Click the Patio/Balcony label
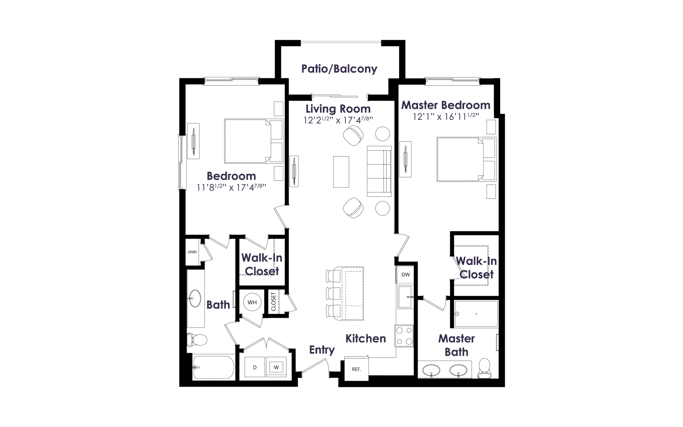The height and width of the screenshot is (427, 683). [339, 69]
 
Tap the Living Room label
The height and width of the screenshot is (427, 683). [338, 109]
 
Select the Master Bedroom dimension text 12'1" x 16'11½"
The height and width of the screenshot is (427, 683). [446, 116]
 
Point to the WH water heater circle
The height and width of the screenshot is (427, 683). [252, 302]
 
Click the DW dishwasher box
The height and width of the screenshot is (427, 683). [405, 275]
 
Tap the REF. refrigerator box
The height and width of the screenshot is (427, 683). [356, 369]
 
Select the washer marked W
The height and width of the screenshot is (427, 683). [276, 368]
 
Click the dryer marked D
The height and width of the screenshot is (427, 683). [255, 368]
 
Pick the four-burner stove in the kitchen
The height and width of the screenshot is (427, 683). [404, 336]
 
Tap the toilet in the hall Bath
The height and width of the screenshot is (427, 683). [197, 340]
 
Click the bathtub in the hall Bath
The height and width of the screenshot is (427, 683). [213, 368]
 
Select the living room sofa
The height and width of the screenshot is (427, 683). [379, 171]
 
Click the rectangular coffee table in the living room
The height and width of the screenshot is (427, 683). [341, 172]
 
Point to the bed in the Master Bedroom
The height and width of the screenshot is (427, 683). [466, 159]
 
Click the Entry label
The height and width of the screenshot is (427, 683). [322, 350]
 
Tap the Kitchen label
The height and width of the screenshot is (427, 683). [365, 339]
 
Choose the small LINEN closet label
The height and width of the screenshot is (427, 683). [192, 252]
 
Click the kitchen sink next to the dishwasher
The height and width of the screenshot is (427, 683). [405, 297]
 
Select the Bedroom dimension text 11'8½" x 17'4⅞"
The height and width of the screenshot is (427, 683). [231, 188]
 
